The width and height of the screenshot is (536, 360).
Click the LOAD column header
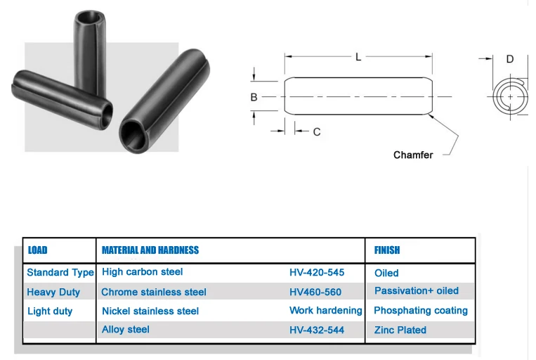click(x=38, y=250)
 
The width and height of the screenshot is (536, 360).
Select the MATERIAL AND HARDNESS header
click(x=150, y=250)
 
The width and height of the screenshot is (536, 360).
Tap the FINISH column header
click(x=387, y=250)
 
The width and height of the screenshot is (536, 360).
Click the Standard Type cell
click(x=60, y=273)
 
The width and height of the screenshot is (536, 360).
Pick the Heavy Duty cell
click(x=53, y=292)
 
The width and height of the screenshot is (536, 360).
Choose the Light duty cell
click(x=50, y=311)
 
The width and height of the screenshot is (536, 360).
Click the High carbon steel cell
click(x=143, y=271)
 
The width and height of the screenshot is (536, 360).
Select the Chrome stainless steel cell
click(x=154, y=292)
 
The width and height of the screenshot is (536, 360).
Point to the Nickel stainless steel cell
click(x=150, y=311)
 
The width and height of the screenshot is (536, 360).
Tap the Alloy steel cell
click(x=126, y=329)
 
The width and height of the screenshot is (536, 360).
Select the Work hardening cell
click(x=326, y=310)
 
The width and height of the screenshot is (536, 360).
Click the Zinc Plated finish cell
click(x=400, y=329)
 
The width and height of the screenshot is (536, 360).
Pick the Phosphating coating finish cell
click(x=421, y=310)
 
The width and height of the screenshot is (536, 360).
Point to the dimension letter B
click(x=254, y=97)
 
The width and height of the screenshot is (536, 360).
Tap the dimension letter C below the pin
click(x=317, y=131)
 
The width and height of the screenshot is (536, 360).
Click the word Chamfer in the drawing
click(x=413, y=155)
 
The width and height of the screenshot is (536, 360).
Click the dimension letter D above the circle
click(x=510, y=59)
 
